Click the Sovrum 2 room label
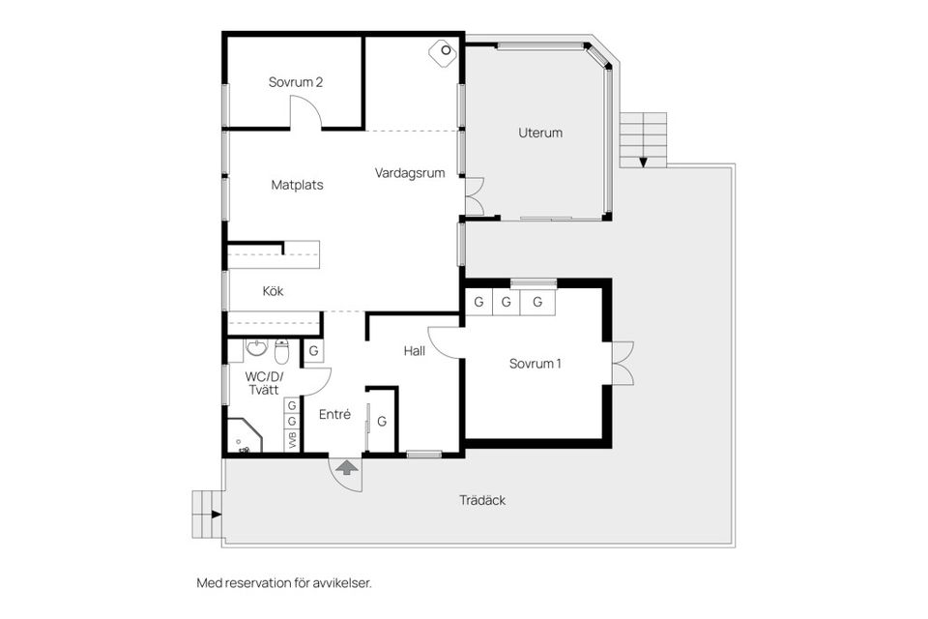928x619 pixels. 295,82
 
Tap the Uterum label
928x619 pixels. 540,133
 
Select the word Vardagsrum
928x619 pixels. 410,173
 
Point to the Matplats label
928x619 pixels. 297,185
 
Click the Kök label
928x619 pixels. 274,290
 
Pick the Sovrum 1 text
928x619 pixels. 536,365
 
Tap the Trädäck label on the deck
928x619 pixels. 482,500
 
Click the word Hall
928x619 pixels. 415,351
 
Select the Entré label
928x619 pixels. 334,414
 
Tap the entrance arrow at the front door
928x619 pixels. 346,467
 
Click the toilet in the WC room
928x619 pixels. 282,349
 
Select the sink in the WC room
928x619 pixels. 256,348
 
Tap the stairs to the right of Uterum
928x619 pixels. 643,138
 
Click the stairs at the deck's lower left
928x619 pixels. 207,515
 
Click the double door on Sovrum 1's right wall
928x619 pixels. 622,363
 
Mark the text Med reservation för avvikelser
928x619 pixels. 283,583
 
